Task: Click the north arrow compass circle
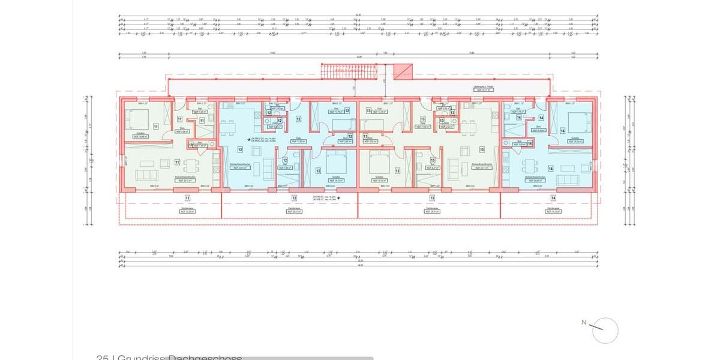click(x=605, y=330)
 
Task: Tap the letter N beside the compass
click(x=583, y=322)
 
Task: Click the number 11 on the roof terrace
click(x=187, y=197)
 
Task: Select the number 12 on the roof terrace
click(x=294, y=197)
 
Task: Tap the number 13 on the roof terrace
click(x=432, y=197)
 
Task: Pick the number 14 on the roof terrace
click(x=552, y=197)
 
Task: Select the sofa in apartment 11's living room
click(x=146, y=175)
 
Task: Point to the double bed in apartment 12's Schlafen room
click(x=335, y=161)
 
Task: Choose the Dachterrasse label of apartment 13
click(x=431, y=208)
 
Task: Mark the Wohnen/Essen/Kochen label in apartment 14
click(x=533, y=177)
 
